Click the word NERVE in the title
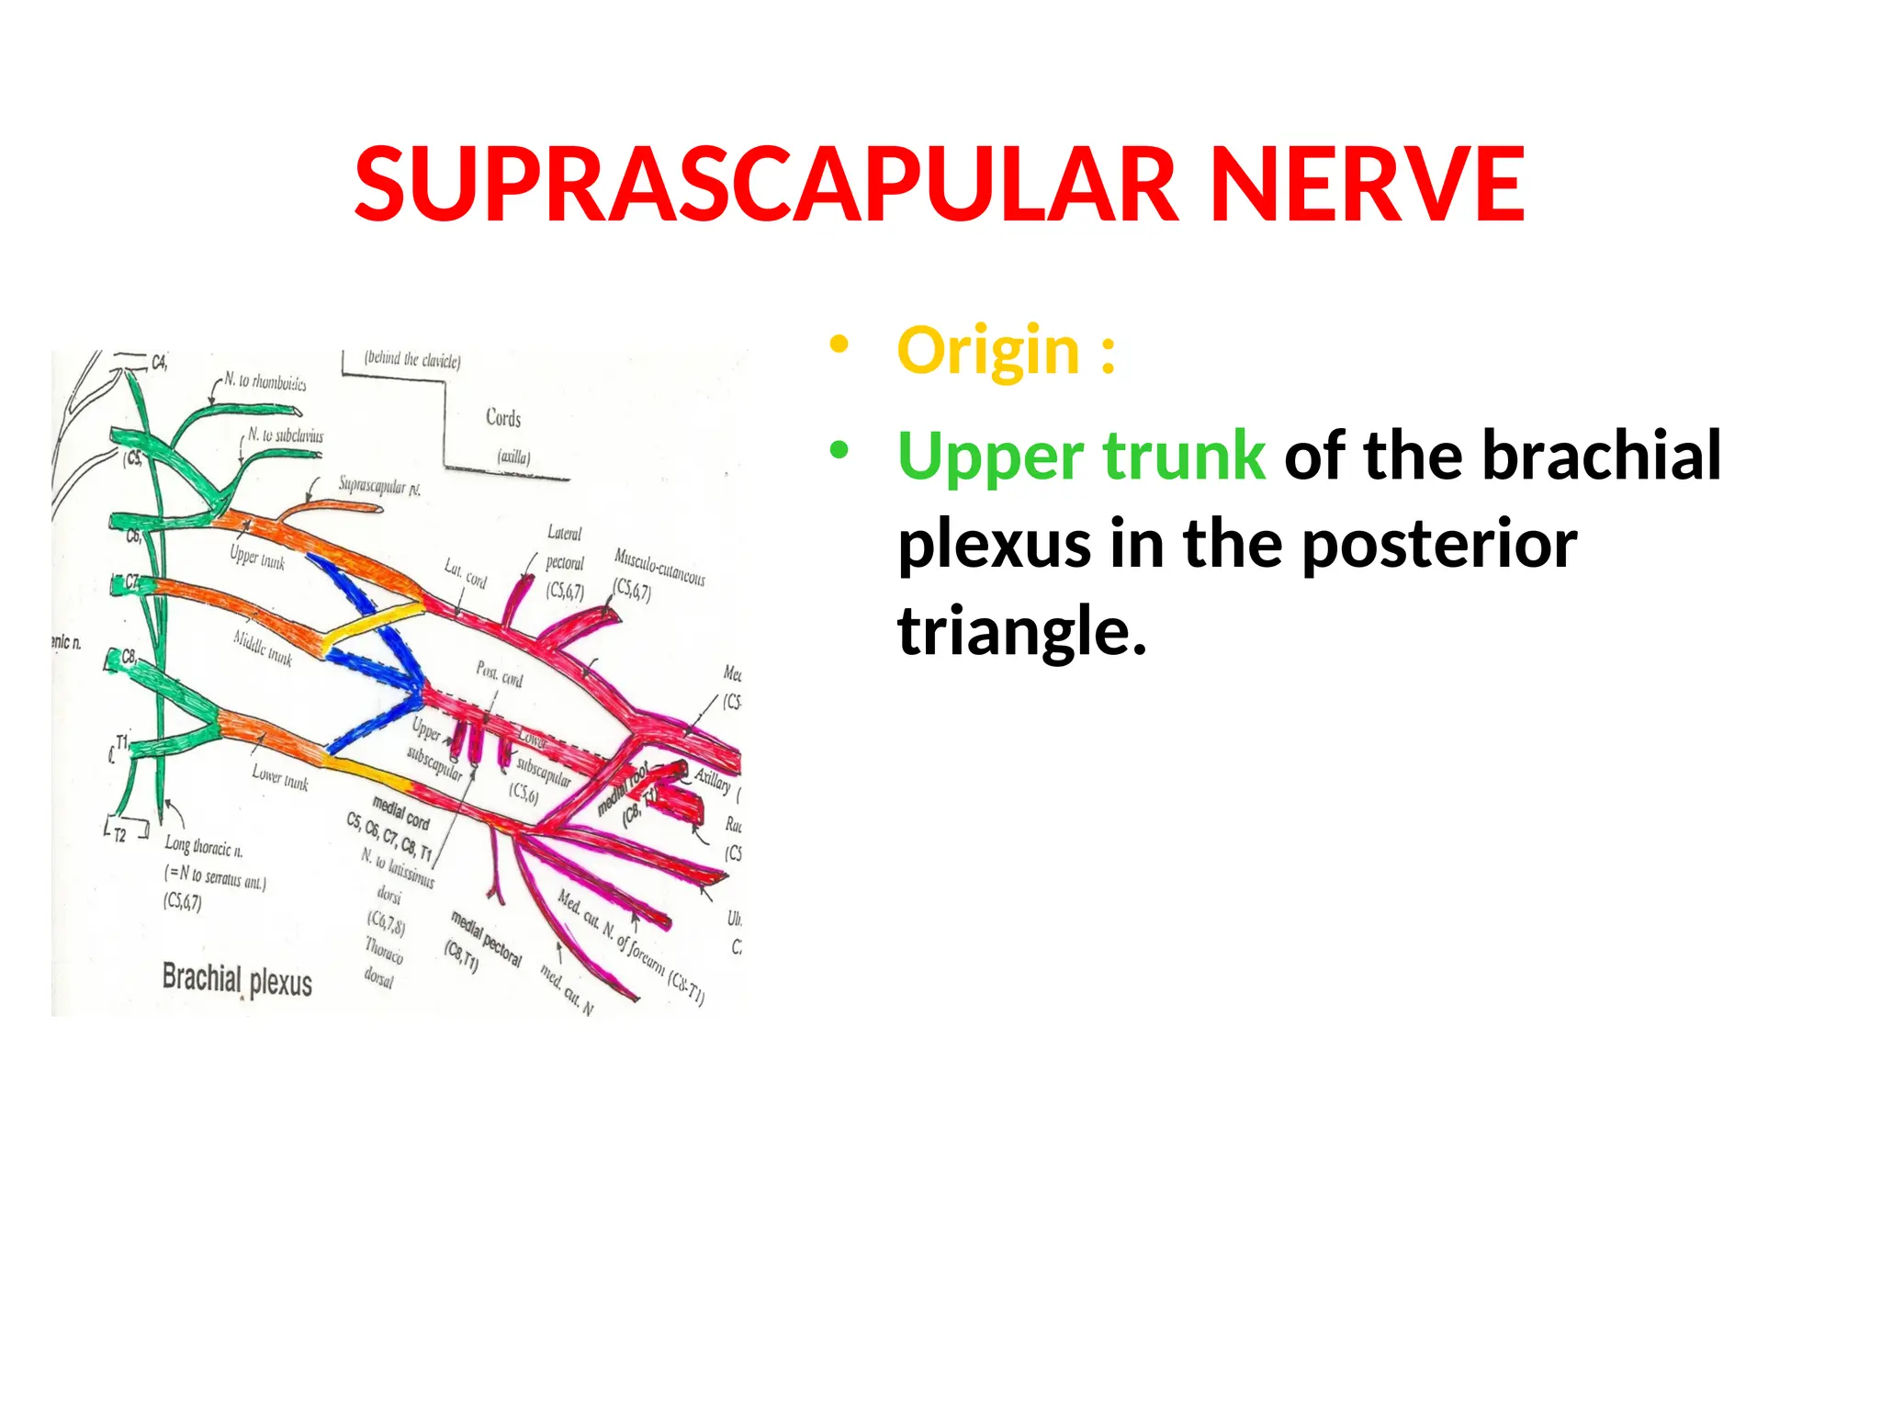click(x=1368, y=186)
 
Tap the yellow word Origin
click(x=987, y=351)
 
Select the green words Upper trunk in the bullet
click(x=1081, y=457)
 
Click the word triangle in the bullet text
click(x=1021, y=632)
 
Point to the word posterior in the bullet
click(x=1439, y=544)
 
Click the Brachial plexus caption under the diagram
click(x=237, y=979)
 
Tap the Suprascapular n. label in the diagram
click(x=379, y=485)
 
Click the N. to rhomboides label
click(x=265, y=382)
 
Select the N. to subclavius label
click(x=285, y=435)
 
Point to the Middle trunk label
click(x=263, y=648)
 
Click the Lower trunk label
click(x=280, y=779)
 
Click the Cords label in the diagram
click(x=503, y=418)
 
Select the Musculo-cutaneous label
click(x=659, y=567)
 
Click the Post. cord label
click(x=499, y=673)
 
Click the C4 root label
click(x=159, y=363)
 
